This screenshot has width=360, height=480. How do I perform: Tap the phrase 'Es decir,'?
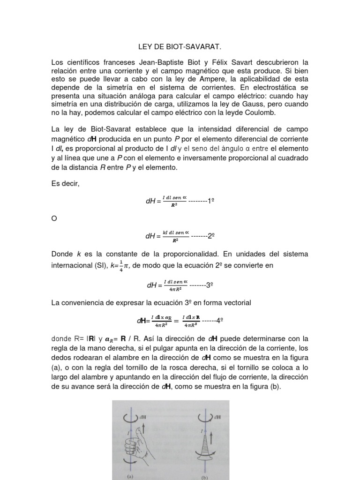point(66,183)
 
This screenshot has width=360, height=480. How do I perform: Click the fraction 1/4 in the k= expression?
point(121,265)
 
